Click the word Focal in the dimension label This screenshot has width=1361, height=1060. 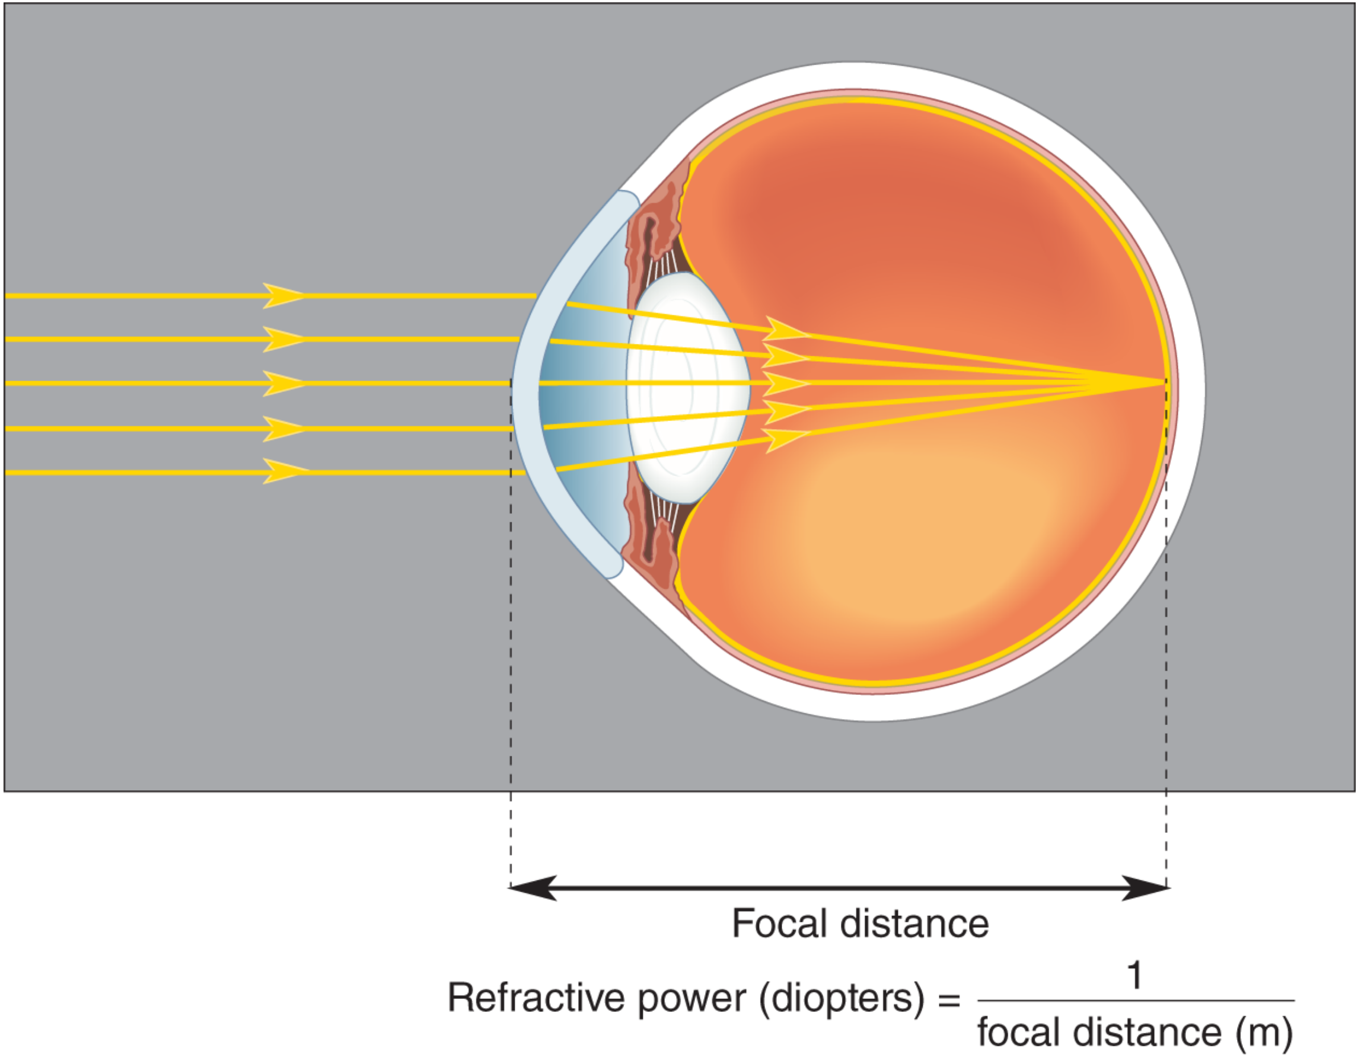coord(779,923)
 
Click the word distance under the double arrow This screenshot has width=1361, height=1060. coord(915,923)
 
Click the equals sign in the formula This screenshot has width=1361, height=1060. coord(949,1001)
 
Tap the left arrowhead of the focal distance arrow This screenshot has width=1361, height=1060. coord(533,887)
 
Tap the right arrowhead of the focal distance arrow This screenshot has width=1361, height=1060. coord(1145,887)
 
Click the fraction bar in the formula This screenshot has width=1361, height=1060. coord(1136,1001)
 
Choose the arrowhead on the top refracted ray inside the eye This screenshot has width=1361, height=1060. coord(786,329)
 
